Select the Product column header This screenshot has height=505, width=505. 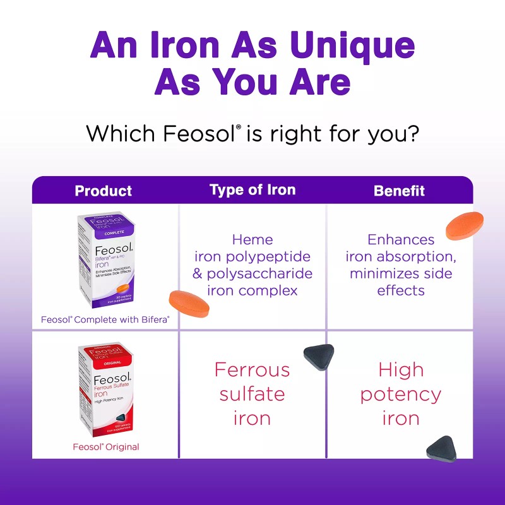click(104, 191)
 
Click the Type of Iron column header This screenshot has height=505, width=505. click(252, 190)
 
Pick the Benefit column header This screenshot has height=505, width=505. click(399, 191)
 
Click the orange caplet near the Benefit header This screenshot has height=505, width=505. click(465, 226)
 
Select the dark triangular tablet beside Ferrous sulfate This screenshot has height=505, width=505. click(319, 357)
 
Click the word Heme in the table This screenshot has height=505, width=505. click(252, 240)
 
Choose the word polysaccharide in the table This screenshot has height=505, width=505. click(260, 274)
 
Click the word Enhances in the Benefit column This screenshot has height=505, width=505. click(400, 240)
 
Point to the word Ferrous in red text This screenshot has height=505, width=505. click(252, 369)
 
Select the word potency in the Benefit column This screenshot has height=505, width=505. click(400, 395)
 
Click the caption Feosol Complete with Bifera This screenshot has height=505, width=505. click(105, 320)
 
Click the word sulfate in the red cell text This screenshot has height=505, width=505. click(252, 395)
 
